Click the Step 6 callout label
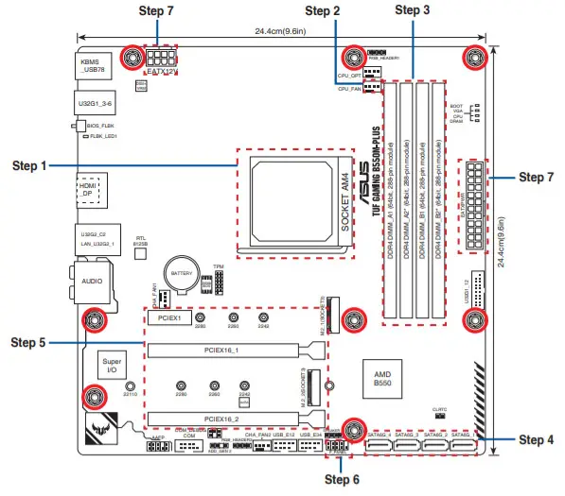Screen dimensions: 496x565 click(342, 479)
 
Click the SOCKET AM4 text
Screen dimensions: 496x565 click(344, 205)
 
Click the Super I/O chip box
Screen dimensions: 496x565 click(111, 367)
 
